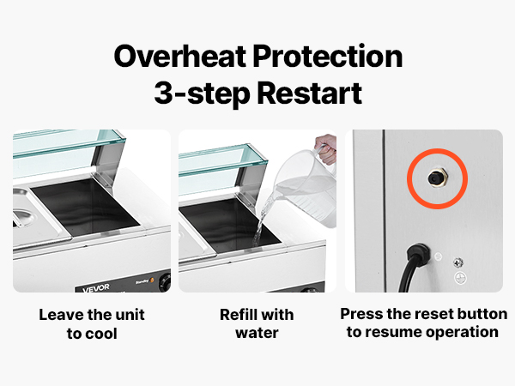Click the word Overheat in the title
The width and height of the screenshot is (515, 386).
coord(180,57)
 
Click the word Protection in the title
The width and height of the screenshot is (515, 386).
coord(328,57)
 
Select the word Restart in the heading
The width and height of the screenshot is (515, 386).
coord(309,93)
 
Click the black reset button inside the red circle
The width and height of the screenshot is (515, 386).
coord(435,178)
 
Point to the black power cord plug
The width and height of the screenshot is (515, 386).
coord(418,255)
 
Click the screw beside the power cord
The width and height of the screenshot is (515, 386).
coord(458,262)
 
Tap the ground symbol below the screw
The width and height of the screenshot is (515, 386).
coord(460,278)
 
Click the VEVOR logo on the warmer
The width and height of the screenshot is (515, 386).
coord(96,288)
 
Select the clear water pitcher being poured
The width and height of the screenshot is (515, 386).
coord(306,190)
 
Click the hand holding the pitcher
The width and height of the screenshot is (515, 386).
coord(325,148)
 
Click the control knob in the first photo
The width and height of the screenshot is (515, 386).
coord(165,281)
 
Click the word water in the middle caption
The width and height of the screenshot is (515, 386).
coord(257,333)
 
